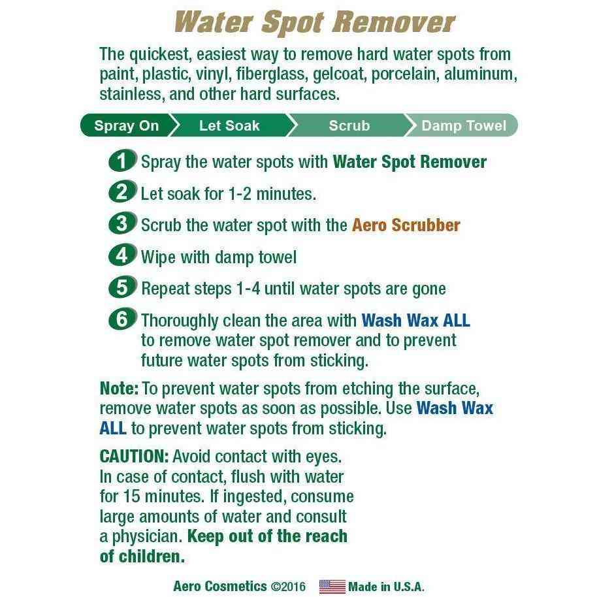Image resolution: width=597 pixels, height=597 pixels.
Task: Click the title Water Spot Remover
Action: pyautogui.click(x=314, y=22)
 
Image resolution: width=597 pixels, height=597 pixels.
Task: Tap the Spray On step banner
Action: pyautogui.click(x=127, y=125)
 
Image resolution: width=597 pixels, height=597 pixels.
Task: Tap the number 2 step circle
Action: pyautogui.click(x=122, y=192)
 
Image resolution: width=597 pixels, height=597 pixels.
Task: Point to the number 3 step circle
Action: pyautogui.click(x=122, y=223)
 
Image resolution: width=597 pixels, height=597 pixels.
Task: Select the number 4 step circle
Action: pyautogui.click(x=122, y=255)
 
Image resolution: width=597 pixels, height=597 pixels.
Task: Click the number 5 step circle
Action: pyautogui.click(x=122, y=287)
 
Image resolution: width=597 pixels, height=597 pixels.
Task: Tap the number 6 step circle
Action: pyautogui.click(x=122, y=319)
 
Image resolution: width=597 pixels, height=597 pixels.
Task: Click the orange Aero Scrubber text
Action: pyautogui.click(x=406, y=225)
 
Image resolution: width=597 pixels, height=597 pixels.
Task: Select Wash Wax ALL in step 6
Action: pyautogui.click(x=416, y=320)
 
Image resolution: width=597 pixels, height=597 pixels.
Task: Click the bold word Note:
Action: pyautogui.click(x=119, y=389)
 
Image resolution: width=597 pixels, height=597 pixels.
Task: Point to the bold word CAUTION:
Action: pyautogui.click(x=134, y=456)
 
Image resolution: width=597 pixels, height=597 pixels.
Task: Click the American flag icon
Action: pyautogui.click(x=332, y=587)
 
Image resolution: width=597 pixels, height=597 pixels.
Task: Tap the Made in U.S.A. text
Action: pyautogui.click(x=386, y=587)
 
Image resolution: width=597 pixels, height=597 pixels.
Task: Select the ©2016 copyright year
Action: pyautogui.click(x=288, y=587)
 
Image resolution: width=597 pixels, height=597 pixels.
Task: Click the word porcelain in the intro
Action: pyautogui.click(x=405, y=74)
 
